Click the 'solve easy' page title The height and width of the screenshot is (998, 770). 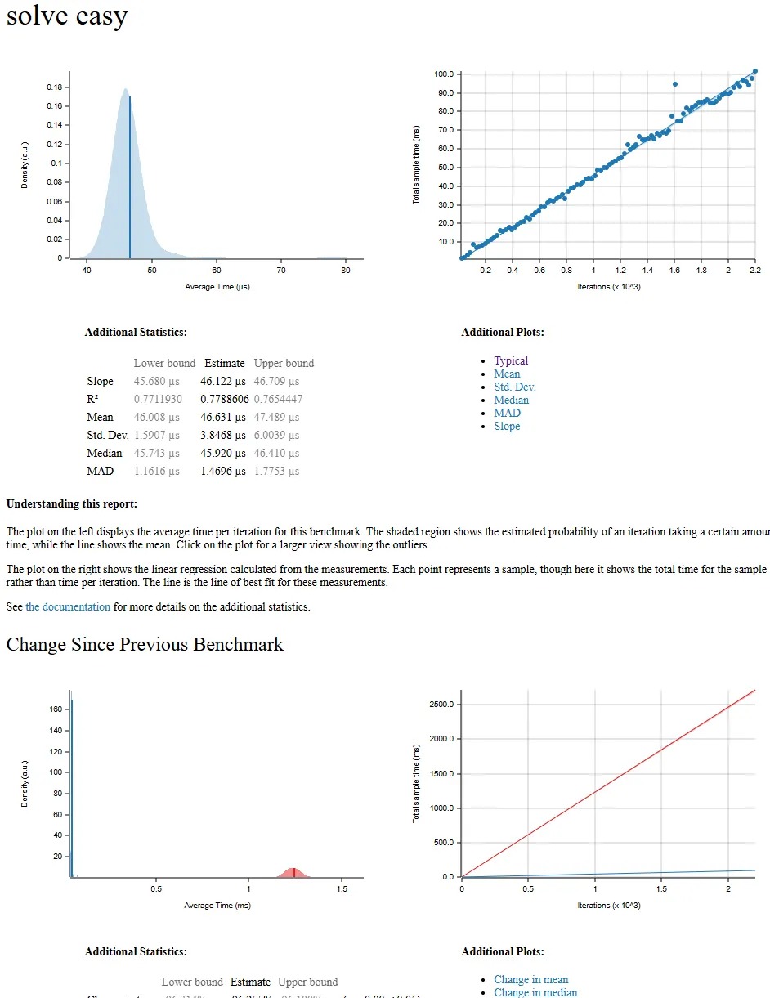click(67, 16)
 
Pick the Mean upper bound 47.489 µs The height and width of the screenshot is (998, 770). click(276, 417)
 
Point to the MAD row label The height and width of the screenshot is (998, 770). click(100, 471)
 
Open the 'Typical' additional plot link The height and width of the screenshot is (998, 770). click(511, 360)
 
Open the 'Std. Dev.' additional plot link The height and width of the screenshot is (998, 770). click(514, 387)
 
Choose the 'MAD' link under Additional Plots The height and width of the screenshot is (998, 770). click(507, 413)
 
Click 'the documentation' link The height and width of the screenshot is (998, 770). click(68, 606)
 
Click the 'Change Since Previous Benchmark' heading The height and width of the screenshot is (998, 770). click(145, 644)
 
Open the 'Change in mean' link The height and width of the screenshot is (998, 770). click(530, 979)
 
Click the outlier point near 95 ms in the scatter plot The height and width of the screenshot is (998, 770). click(674, 84)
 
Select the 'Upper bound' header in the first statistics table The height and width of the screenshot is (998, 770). click(284, 363)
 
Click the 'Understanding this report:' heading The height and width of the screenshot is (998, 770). click(72, 503)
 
